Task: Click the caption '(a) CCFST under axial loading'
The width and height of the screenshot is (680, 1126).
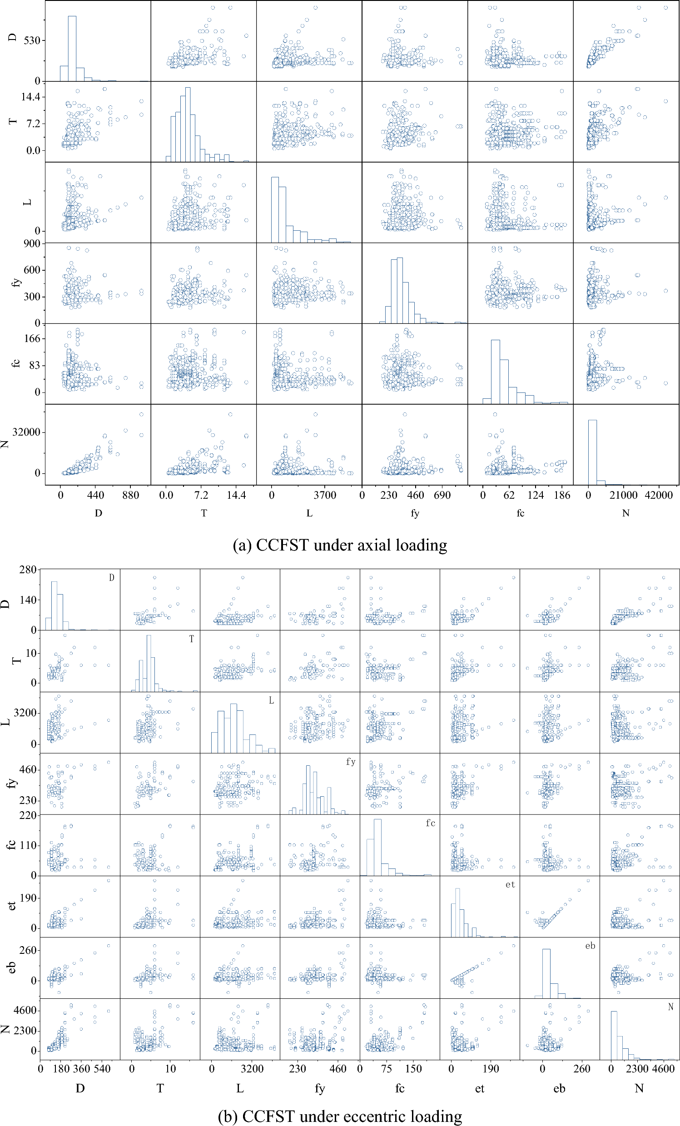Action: pyautogui.click(x=340, y=545)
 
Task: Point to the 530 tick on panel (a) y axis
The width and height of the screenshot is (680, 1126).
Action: pyautogui.click(x=31, y=41)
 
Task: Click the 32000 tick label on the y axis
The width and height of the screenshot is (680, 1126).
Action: pyautogui.click(x=26, y=432)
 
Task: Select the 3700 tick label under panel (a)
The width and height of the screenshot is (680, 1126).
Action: pyautogui.click(x=324, y=495)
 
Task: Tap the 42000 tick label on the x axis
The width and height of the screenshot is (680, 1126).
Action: pyautogui.click(x=658, y=495)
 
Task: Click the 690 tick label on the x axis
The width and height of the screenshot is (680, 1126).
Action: pyautogui.click(x=442, y=495)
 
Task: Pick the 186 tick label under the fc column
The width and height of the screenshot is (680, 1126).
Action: pyautogui.click(x=561, y=495)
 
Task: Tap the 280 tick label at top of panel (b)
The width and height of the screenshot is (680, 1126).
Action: pyautogui.click(x=28, y=570)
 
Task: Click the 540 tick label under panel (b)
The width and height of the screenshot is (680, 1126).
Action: pyautogui.click(x=102, y=1069)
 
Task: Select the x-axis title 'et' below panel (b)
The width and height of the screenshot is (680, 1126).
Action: pyautogui.click(x=479, y=1089)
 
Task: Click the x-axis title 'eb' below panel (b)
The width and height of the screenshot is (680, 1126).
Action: pyautogui.click(x=559, y=1089)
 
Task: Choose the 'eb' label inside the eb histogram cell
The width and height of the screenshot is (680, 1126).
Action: pyautogui.click(x=590, y=946)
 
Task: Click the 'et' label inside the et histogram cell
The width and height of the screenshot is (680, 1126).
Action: pyautogui.click(x=510, y=885)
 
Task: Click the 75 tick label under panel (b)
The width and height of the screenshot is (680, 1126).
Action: pyautogui.click(x=387, y=1069)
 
